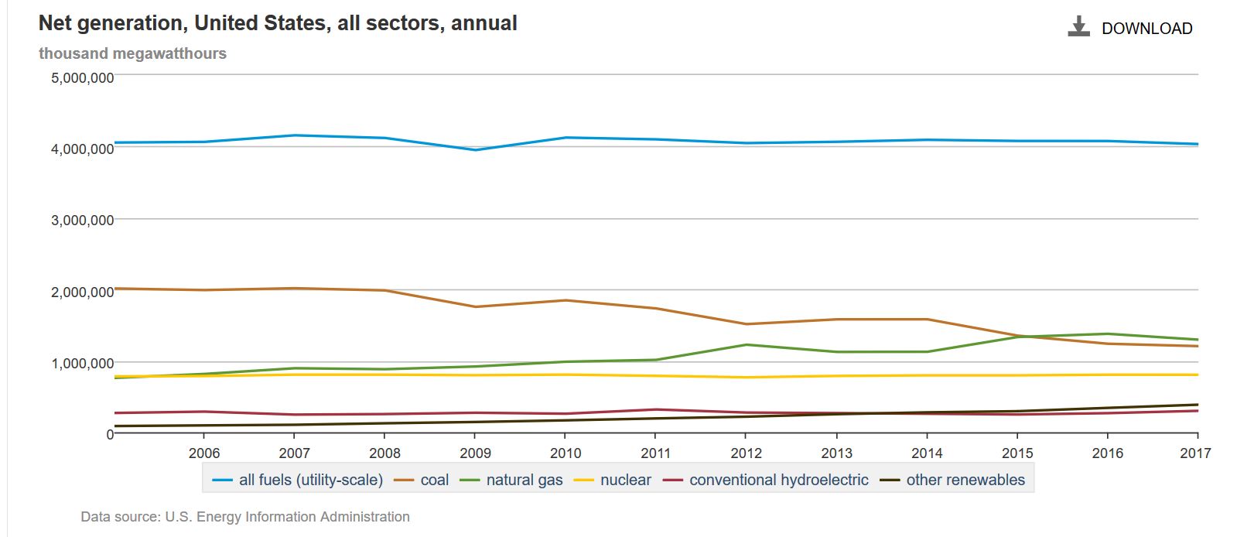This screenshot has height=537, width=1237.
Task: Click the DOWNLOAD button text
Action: [x=1146, y=29]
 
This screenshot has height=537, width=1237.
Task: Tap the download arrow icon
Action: [x=1078, y=27]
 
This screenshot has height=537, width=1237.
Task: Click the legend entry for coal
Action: [x=434, y=480]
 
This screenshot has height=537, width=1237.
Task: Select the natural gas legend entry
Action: [x=524, y=480]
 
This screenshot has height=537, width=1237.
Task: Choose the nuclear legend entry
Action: [x=625, y=480]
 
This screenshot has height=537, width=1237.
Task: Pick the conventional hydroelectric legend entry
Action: [x=778, y=480]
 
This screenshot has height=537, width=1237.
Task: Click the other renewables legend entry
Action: [x=965, y=480]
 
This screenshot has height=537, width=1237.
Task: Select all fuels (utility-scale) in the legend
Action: [x=310, y=480]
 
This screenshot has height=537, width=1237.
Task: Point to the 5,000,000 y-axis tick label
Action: [x=82, y=77]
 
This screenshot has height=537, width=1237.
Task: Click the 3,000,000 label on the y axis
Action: [x=82, y=220]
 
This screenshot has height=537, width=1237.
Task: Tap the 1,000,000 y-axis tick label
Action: [x=82, y=363]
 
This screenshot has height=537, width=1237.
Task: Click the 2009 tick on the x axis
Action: [x=475, y=453]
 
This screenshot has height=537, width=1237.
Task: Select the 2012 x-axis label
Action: [x=746, y=453]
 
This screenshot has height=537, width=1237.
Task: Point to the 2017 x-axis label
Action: [x=1195, y=453]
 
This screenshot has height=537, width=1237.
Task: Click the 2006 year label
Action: [x=204, y=453]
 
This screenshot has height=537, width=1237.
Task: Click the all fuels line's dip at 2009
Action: [x=475, y=149]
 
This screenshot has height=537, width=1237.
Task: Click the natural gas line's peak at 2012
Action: [x=746, y=344]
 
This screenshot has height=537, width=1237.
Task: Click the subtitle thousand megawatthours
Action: [x=132, y=53]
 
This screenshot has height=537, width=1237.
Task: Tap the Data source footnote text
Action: [x=245, y=516]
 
